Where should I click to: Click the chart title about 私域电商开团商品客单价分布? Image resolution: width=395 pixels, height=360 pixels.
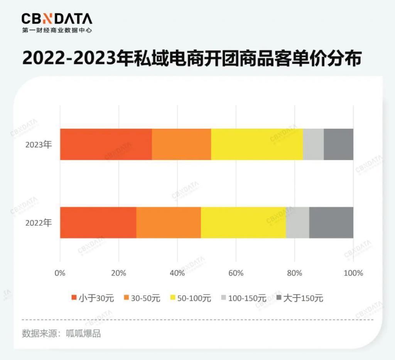(x=192, y=59)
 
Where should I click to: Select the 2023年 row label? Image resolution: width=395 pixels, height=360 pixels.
(x=38, y=145)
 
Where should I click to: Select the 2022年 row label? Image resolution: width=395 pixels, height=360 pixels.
(x=38, y=223)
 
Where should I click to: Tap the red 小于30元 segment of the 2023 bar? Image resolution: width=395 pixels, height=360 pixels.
(x=106, y=144)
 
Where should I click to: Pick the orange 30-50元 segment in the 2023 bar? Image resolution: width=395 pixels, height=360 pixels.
(x=181, y=144)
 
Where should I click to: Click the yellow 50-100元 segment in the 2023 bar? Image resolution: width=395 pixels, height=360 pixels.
(x=257, y=144)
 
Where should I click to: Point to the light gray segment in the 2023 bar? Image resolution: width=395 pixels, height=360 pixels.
(x=313, y=144)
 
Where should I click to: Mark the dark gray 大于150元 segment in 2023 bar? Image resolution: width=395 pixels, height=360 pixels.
(x=338, y=144)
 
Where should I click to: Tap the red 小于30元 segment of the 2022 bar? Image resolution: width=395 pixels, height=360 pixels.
(x=98, y=222)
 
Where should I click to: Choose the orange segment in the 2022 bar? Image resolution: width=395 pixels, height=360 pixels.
(x=169, y=222)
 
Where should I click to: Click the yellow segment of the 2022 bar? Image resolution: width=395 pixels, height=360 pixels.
(x=243, y=222)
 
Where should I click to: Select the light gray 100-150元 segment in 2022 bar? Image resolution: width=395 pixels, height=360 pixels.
(x=297, y=222)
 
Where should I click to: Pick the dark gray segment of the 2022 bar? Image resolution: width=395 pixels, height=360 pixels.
(x=331, y=222)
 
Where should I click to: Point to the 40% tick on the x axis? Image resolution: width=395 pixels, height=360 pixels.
(x=177, y=273)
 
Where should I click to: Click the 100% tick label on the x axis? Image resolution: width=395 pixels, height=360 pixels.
(x=353, y=273)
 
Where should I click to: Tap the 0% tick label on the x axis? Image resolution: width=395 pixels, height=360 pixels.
(x=60, y=273)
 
